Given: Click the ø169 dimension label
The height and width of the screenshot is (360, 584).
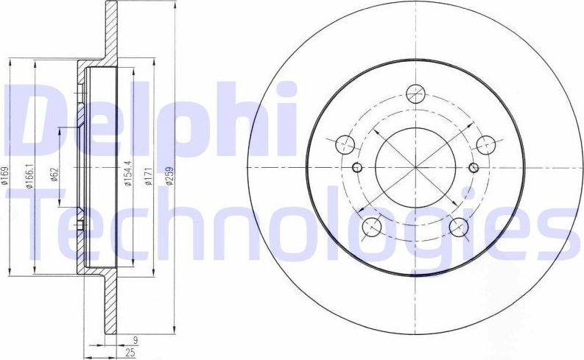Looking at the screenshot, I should tap(6, 176).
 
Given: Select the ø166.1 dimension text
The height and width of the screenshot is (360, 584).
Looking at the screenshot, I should tap(30, 176).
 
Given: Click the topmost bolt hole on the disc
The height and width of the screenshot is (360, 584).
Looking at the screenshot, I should tap(415, 93).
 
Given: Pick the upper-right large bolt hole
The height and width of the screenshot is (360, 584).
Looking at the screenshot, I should tap(485, 144).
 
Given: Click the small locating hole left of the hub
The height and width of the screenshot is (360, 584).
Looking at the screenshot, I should tap(357, 167).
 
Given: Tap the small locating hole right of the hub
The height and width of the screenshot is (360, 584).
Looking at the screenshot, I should tap(472, 167).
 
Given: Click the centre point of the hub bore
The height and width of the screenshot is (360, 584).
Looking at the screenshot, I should tap(415, 167).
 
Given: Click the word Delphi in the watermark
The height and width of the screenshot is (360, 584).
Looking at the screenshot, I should tap(147, 118).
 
